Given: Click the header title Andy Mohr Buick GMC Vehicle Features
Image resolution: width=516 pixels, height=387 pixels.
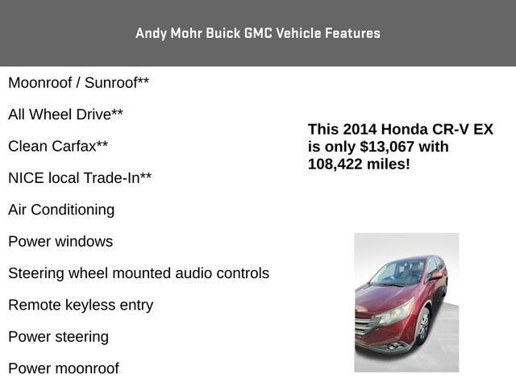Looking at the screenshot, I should click(258, 33).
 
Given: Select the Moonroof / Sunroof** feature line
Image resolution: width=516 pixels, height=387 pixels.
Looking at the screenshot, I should click(78, 83).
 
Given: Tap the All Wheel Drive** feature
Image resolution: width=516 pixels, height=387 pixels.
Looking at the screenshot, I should click(65, 114).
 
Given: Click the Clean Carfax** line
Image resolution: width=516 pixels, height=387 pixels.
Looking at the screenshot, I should click(58, 147).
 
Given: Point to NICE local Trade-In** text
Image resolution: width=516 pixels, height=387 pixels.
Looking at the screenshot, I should click(80, 178).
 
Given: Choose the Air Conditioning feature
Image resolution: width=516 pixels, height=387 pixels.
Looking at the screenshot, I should click(61, 210).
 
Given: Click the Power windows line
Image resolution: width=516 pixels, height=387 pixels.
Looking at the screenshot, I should click(60, 242).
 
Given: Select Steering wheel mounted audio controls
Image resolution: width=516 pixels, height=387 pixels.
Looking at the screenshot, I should click(139, 273).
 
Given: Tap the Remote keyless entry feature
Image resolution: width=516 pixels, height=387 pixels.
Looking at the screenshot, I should click(81, 305).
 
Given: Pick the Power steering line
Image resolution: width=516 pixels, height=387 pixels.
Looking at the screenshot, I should click(58, 337).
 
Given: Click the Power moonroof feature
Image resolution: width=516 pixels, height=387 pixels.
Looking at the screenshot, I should click(64, 368).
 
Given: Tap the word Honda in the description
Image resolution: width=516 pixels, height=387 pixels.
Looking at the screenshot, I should click(405, 130).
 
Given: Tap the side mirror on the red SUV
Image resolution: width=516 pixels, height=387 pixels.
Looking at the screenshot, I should click(436, 277).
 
